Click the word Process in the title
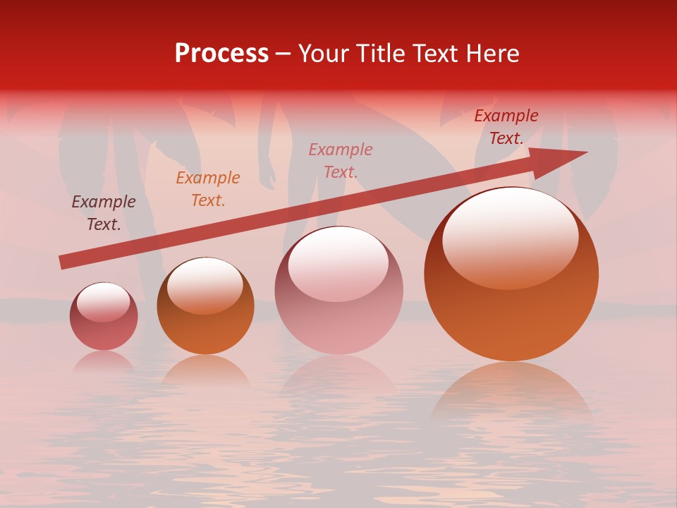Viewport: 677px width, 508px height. coord(221,54)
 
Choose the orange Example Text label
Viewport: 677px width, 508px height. coord(208,189)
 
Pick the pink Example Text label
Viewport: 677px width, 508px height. coord(341,160)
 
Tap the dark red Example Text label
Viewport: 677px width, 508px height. coord(506,127)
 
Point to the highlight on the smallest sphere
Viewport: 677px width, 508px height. coord(103,301)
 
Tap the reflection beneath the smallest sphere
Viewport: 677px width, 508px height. coord(104,361)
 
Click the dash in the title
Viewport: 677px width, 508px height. coord(283,54)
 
